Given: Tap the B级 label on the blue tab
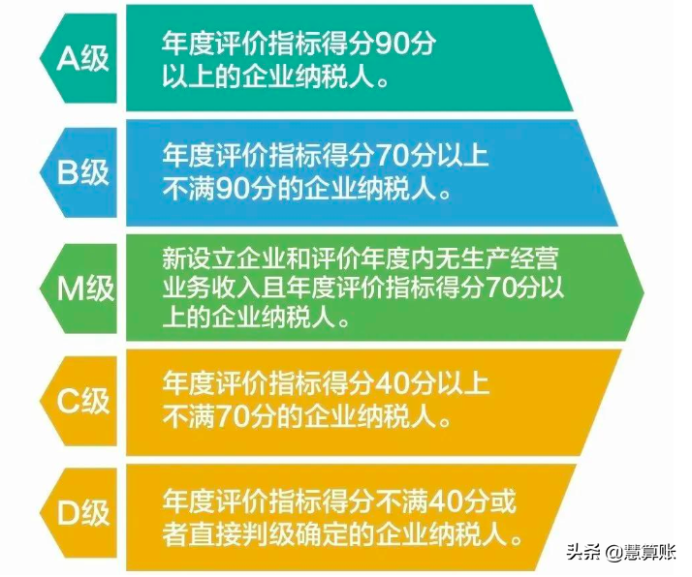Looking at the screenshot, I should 83,173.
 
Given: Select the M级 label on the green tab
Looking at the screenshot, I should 83,288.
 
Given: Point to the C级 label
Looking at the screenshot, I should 83,400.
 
